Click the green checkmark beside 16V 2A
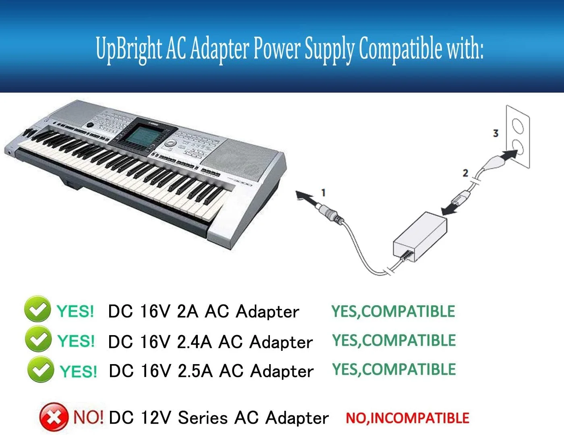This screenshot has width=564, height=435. [37, 309]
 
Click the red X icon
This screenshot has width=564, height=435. [54, 416]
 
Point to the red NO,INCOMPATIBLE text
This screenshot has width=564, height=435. [407, 418]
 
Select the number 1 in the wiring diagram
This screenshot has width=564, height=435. [323, 193]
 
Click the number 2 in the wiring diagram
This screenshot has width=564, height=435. [465, 173]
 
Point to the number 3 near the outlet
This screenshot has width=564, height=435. [496, 133]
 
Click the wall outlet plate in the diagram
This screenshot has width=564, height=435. [518, 137]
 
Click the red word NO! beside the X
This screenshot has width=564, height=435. [88, 416]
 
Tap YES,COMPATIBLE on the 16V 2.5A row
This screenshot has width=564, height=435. [394, 369]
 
